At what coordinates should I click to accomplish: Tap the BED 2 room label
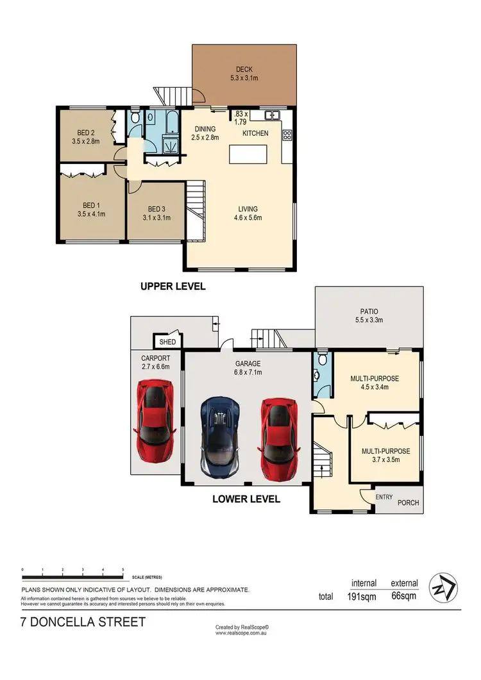pyautogui.click(x=85, y=133)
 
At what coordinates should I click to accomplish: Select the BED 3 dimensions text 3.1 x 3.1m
pyautogui.click(x=157, y=218)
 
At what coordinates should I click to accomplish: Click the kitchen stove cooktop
pyautogui.click(x=287, y=135)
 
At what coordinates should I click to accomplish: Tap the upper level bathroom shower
pyautogui.click(x=171, y=145)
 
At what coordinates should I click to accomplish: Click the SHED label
pyautogui.click(x=167, y=342)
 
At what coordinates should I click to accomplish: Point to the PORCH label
pyautogui.click(x=408, y=503)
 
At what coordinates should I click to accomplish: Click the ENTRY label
pyautogui.click(x=385, y=496)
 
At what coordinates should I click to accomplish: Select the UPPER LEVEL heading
pyautogui.click(x=173, y=286)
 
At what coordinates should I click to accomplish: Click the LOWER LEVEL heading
pyautogui.click(x=246, y=499)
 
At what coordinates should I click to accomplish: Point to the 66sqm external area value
pyautogui.click(x=404, y=596)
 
